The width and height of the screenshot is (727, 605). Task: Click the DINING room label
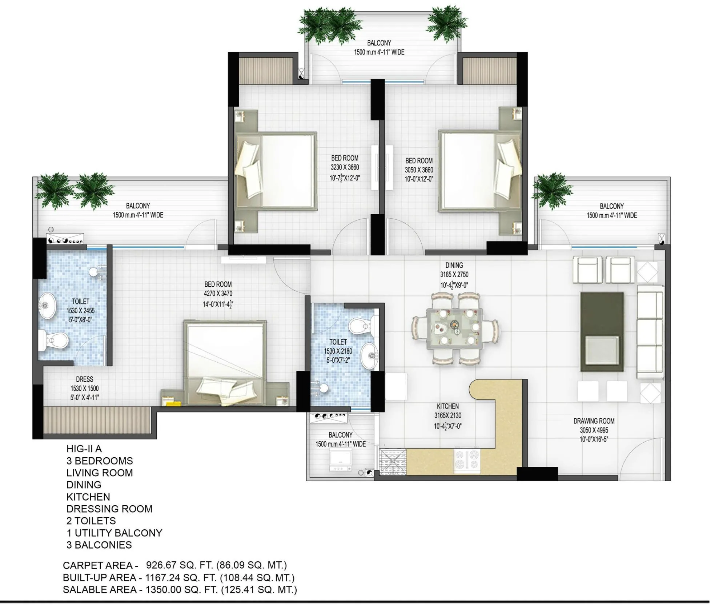454,265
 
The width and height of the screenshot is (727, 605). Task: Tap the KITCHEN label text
447,406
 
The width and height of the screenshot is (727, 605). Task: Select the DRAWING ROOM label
594,421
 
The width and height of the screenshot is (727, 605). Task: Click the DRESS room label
84,379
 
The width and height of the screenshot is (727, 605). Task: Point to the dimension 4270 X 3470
218,294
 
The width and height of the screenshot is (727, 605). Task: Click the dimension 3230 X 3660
345,167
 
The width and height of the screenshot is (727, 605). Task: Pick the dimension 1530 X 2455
80,311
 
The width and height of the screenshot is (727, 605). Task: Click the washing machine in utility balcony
340,461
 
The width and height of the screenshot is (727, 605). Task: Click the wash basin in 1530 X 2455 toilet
48,306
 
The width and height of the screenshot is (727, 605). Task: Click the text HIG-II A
84,449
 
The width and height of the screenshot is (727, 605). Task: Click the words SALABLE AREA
100,589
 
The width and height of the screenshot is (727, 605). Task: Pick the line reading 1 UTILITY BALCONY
114,533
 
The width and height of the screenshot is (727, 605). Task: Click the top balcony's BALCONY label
379,43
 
